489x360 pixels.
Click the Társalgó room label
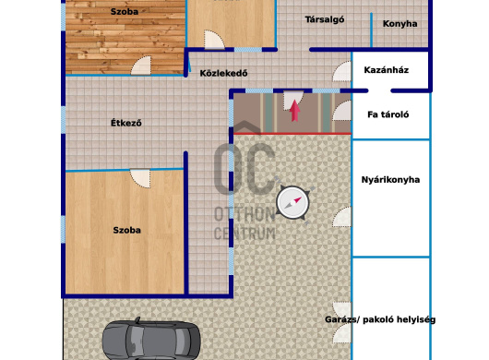pyautogui.click(x=325, y=19)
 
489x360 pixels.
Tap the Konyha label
pyautogui.click(x=400, y=24)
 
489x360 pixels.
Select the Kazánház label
pyautogui.click(x=386, y=70)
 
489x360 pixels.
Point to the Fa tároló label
pyautogui.click(x=388, y=114)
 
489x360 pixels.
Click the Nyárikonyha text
pyautogui.click(x=390, y=180)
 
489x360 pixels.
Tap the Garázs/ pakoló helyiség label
pyautogui.click(x=380, y=319)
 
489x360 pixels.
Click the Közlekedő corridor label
pyautogui.click(x=223, y=73)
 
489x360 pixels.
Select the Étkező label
pyautogui.click(x=126, y=123)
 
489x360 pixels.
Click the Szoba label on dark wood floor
pyautogui.click(x=125, y=12)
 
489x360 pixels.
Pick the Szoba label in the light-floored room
pyautogui.click(x=126, y=230)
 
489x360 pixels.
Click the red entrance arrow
pyautogui.click(x=294, y=111)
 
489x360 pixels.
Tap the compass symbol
pyautogui.click(x=292, y=202)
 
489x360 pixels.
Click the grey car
pyautogui.click(x=150, y=341)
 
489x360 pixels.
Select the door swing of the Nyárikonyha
pyautogui.click(x=341, y=217)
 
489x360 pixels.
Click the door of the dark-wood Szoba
pyautogui.click(x=141, y=66)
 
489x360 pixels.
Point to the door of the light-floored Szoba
pyautogui.click(x=140, y=178)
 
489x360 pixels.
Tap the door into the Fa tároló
pyautogui.click(x=341, y=111)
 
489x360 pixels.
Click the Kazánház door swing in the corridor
pyautogui.click(x=341, y=71)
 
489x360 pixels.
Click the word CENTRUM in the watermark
pyautogui.click(x=244, y=234)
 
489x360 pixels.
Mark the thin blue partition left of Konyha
pyautogui.click(x=371, y=30)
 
